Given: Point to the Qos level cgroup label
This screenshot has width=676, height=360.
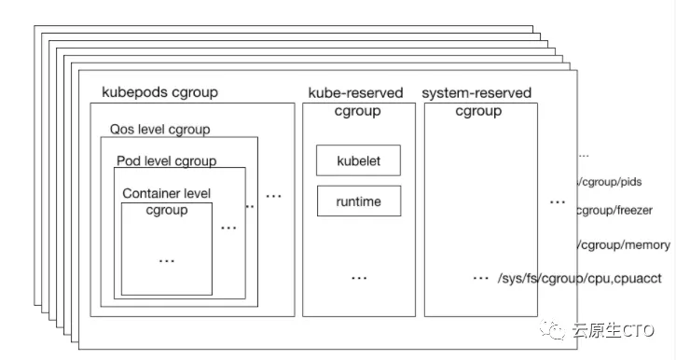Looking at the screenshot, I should (x=159, y=129).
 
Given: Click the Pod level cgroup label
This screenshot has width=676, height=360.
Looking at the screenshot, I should (x=166, y=160).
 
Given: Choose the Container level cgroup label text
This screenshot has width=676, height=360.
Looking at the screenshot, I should (x=167, y=201).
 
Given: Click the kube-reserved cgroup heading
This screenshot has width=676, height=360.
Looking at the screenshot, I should (x=355, y=102).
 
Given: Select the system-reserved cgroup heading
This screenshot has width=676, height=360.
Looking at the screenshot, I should (x=476, y=102).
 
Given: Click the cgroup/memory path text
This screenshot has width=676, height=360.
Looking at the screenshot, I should (x=623, y=244).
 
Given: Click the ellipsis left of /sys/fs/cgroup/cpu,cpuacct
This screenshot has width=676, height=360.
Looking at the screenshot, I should (x=481, y=279).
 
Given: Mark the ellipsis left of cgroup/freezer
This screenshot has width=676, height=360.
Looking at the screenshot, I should (x=557, y=201).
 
